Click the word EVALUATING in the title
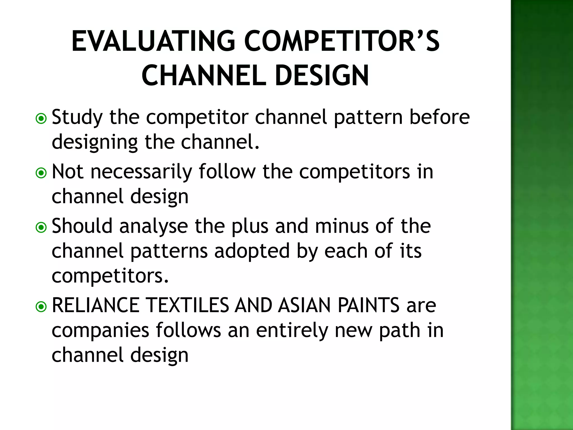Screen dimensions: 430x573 pos(153,41)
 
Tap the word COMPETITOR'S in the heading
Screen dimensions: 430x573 pos(342,41)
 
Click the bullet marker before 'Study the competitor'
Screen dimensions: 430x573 pos(41,119)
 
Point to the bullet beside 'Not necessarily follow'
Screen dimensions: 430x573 pos(41,173)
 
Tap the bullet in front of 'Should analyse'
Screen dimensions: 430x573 pos(41,227)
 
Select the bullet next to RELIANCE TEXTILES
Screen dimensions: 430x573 pos(41,307)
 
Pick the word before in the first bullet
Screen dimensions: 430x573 pos(440,117)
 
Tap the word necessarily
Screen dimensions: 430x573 pos(141,172)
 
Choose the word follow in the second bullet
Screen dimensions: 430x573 pos(227,171)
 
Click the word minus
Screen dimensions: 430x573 pos(342,226)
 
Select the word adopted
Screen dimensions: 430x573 pos(252,251)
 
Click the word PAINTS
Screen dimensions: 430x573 pos(368,305)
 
